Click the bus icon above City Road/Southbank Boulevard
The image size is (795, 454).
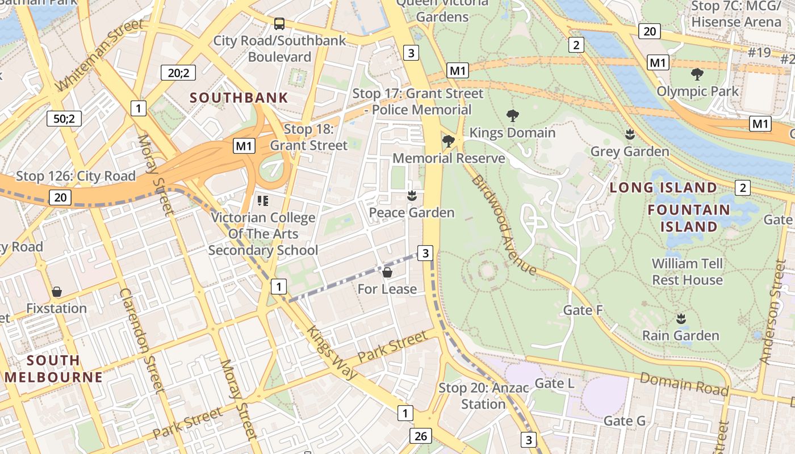pyautogui.click(x=279, y=24)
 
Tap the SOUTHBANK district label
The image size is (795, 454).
pyautogui.click(x=239, y=98)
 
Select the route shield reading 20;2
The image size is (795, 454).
pyautogui.click(x=178, y=73)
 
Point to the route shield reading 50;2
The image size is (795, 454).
pyautogui.click(x=64, y=119)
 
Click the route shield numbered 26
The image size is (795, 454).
pyautogui.click(x=420, y=436)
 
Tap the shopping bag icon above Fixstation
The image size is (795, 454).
pyautogui.click(x=57, y=292)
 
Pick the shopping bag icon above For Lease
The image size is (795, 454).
pyautogui.click(x=387, y=273)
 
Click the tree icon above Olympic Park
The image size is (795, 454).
pyautogui.click(x=697, y=74)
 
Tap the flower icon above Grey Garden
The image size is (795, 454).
pyautogui.click(x=629, y=135)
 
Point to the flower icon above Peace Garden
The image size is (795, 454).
pyautogui.click(x=412, y=196)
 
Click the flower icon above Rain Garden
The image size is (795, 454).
pyautogui.click(x=680, y=319)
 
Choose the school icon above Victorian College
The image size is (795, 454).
pyautogui.click(x=262, y=201)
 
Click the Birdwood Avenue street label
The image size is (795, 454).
pyautogui.click(x=503, y=225)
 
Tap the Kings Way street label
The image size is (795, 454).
pyautogui.click(x=332, y=352)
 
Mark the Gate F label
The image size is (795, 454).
pyautogui.click(x=583, y=310)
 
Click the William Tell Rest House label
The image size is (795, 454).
pyautogui.click(x=687, y=272)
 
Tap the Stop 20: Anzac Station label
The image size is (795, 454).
pyautogui.click(x=483, y=396)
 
